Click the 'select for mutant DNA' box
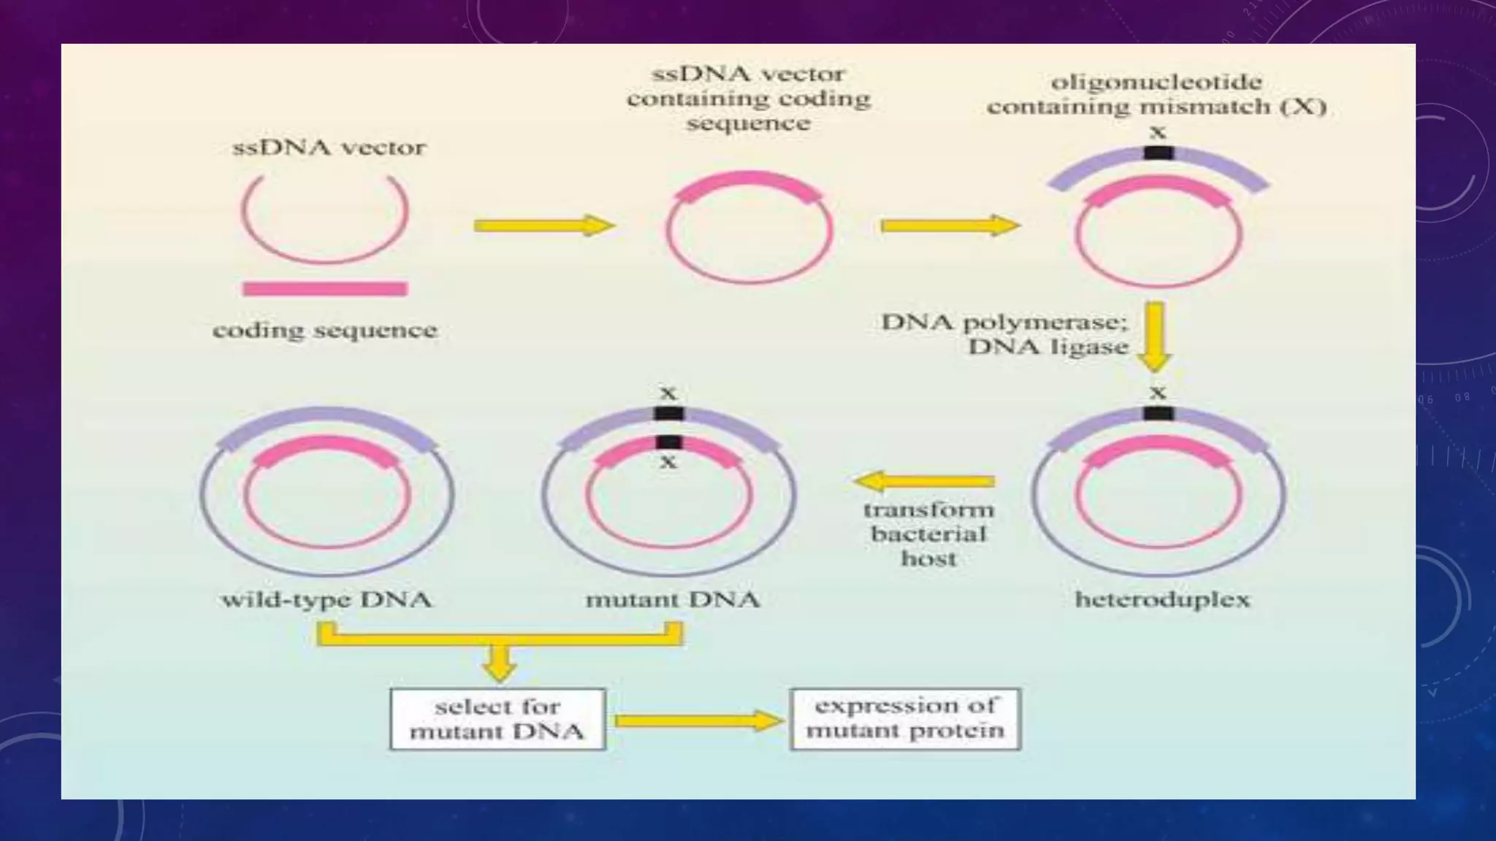tap(497, 719)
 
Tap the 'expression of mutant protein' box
tap(905, 719)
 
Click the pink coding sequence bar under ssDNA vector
tap(324, 289)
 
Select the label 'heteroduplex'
tap(1162, 600)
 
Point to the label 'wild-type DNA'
tap(326, 600)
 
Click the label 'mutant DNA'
tap(672, 600)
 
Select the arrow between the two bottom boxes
tap(698, 721)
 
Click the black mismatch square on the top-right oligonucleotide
tap(1158, 153)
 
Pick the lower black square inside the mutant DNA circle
tap(668, 442)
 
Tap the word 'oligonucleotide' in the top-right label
tap(1156, 82)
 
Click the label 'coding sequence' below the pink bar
tap(325, 330)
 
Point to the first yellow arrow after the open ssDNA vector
tap(544, 226)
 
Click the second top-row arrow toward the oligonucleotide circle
tap(950, 226)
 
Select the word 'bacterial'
tap(928, 534)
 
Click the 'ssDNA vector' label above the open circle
tap(329, 147)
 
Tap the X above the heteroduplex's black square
tap(1157, 393)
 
